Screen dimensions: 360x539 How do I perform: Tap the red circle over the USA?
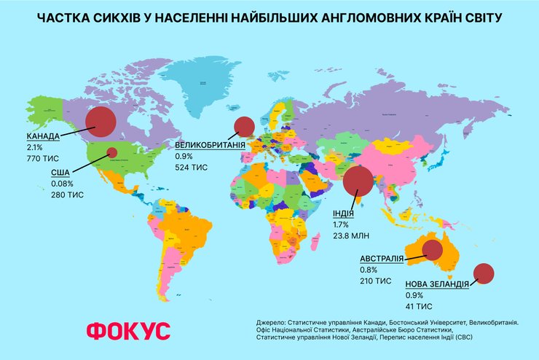coord(112,152)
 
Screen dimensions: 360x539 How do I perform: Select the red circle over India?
coord(359,182)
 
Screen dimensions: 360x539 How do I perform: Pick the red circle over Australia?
coord(432,251)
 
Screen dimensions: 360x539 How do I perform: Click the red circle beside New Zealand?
coord(484,273)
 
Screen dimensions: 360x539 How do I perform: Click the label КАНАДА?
coord(44,136)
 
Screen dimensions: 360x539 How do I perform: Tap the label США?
coord(60,173)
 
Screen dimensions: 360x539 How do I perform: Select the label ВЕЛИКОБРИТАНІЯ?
coord(209,145)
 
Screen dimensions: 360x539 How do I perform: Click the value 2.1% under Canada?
coord(35,147)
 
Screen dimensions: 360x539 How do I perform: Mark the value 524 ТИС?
coord(192,167)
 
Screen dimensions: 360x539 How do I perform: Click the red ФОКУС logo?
coord(128,330)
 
